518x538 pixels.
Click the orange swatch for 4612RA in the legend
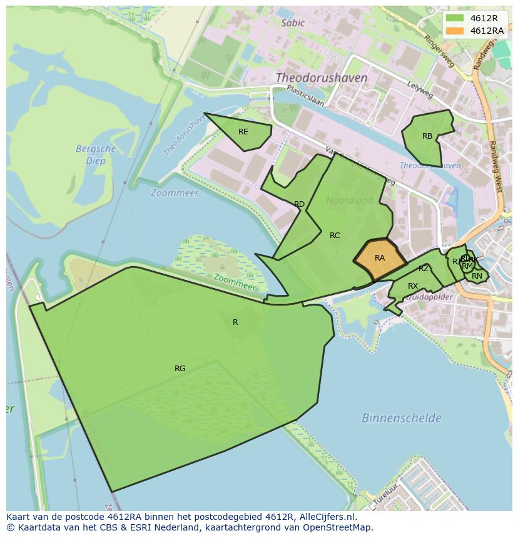point(455,31)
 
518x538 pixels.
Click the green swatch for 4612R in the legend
point(455,18)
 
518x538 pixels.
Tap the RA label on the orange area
point(380,258)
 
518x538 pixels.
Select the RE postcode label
point(243,132)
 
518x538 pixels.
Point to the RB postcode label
point(427,136)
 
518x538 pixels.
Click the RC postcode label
point(335,236)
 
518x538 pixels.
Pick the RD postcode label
point(299,204)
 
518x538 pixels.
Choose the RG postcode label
point(180,369)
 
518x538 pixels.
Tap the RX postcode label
point(413,286)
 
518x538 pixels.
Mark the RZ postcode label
point(424,269)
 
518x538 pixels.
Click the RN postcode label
point(477,276)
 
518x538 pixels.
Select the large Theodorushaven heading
point(322,78)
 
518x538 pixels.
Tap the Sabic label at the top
point(293,23)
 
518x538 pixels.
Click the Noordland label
point(350,201)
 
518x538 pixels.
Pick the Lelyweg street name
point(420,91)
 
